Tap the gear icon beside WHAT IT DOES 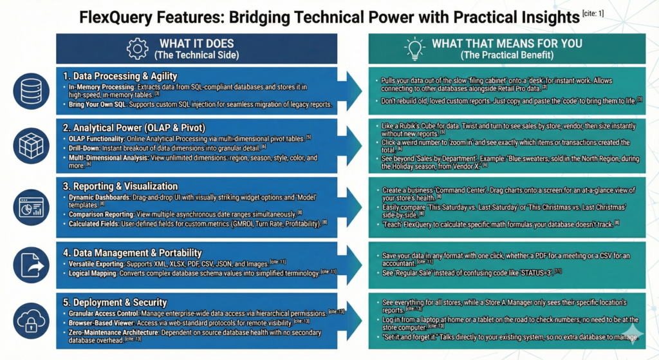137,49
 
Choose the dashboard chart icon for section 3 30,202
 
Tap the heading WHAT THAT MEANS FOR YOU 506,44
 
